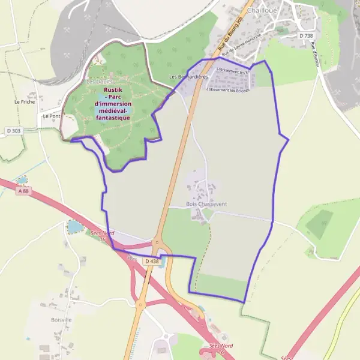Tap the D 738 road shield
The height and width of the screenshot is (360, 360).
click(x=305, y=36)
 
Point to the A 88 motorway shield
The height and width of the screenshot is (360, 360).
click(x=23, y=191)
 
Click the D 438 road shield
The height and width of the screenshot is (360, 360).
click(x=151, y=261)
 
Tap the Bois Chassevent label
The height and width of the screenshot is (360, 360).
click(x=206, y=204)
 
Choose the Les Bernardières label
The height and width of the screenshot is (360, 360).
click(x=188, y=77)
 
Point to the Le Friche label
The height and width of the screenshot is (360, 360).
click(x=25, y=102)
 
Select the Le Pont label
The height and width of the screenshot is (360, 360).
click(x=51, y=116)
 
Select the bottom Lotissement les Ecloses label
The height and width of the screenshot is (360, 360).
click(x=227, y=90)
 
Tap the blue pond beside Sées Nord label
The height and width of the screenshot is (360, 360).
click(x=74, y=227)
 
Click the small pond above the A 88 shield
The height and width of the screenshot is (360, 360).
click(x=22, y=179)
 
